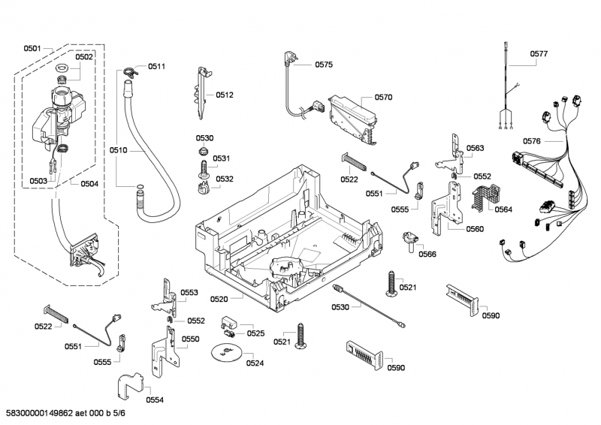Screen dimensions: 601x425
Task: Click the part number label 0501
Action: (32, 48)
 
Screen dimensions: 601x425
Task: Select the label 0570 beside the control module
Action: (383, 98)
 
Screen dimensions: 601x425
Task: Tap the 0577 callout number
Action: (539, 54)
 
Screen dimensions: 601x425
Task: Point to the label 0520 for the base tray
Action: (219, 300)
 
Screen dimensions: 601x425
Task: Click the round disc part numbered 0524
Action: (226, 352)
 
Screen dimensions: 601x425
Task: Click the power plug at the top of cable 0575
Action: (288, 59)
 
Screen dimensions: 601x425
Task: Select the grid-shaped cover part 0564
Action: (485, 197)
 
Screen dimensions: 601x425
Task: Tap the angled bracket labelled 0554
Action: (129, 386)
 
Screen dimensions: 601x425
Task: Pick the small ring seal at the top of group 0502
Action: (62, 68)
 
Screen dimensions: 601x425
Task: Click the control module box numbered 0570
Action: (353, 119)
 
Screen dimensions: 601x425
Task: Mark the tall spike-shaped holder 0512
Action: (202, 94)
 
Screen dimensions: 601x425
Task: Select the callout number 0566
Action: (427, 254)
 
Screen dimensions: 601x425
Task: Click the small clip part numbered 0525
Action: (229, 327)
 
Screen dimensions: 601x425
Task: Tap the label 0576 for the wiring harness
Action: (532, 141)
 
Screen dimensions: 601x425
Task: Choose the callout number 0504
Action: (89, 184)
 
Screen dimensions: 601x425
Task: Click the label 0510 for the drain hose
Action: (118, 150)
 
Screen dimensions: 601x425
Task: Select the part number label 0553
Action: (189, 293)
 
